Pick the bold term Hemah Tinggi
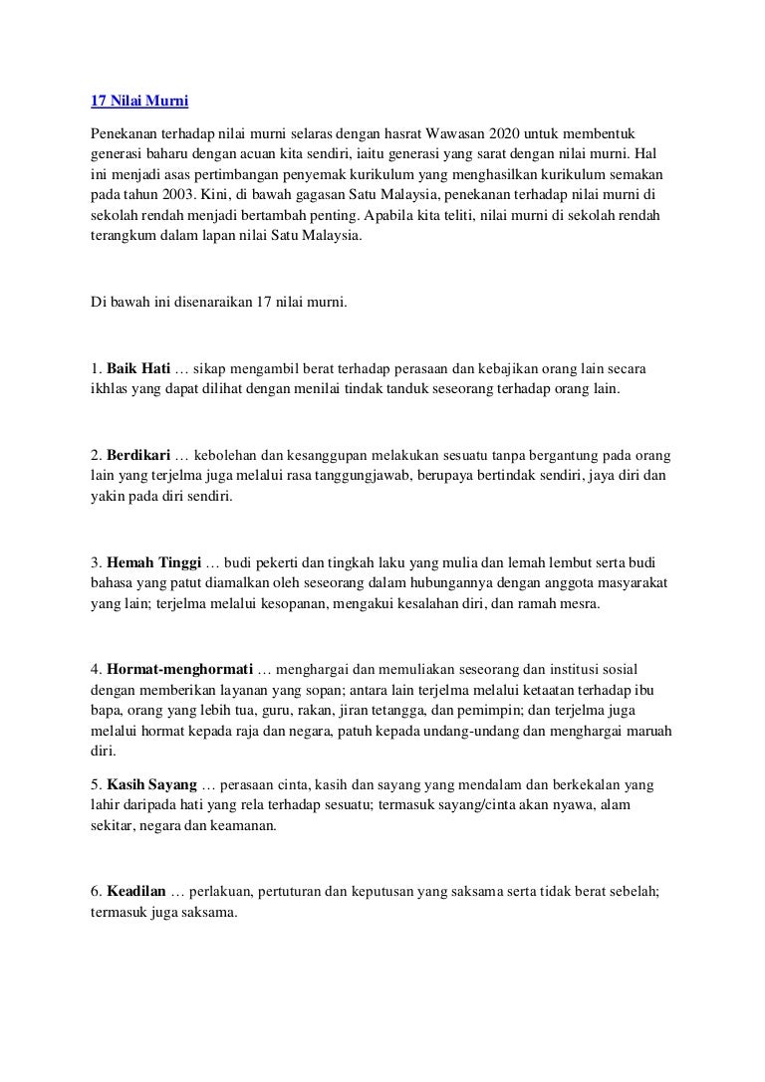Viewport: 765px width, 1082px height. tap(152, 562)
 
